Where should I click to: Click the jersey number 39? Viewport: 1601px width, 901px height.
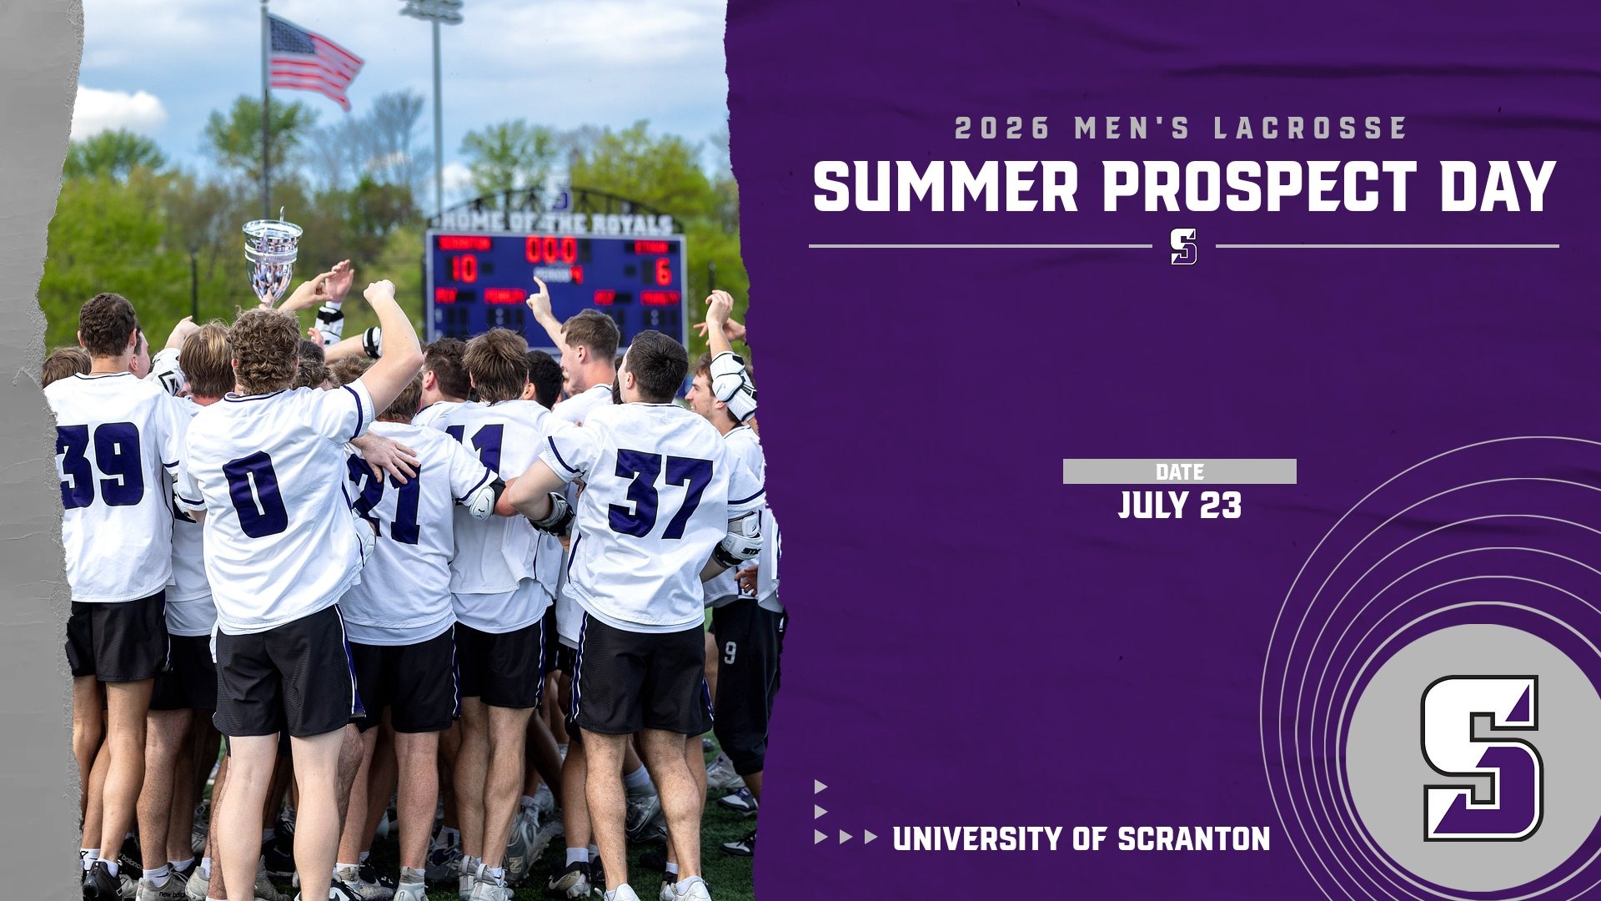(x=100, y=466)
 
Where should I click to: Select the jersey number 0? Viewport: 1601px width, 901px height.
(x=255, y=495)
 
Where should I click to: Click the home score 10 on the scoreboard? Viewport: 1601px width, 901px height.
(x=464, y=269)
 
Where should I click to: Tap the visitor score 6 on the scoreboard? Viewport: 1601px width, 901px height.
(x=663, y=272)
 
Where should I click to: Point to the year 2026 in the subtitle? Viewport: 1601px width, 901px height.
(x=1002, y=128)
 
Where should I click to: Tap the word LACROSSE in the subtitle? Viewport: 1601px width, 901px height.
(x=1311, y=128)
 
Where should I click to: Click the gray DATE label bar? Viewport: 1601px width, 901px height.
(x=1179, y=471)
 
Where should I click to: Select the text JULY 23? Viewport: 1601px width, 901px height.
(x=1179, y=506)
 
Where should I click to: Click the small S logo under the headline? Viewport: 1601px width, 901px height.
(x=1183, y=246)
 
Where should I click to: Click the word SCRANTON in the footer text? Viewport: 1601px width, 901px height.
(x=1193, y=838)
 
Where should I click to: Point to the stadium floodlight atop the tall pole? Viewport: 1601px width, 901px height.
(x=431, y=11)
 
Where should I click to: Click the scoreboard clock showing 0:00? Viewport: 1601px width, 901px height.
(x=551, y=249)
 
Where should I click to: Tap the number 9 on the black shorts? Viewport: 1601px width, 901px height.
(x=730, y=652)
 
